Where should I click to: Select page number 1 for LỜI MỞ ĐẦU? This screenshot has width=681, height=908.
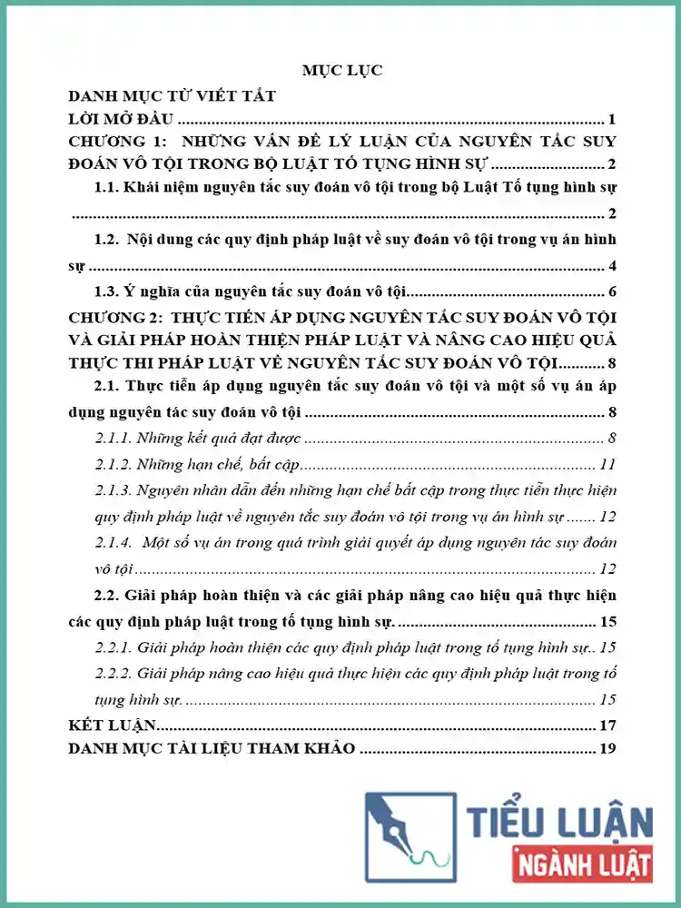tap(613, 119)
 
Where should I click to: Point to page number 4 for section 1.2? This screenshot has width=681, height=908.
tap(613, 266)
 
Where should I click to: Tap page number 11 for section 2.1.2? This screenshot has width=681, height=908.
tap(609, 465)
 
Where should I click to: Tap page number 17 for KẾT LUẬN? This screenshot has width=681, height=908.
tap(608, 725)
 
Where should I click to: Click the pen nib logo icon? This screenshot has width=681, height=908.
tap(408, 836)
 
